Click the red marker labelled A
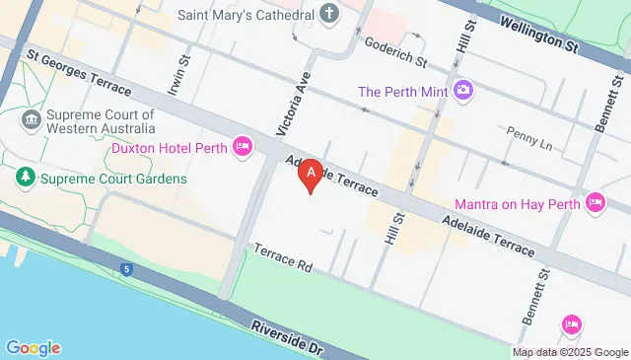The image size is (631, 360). (x=312, y=175)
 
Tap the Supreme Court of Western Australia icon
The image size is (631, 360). (x=30, y=120)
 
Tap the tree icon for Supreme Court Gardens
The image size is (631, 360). (x=23, y=178)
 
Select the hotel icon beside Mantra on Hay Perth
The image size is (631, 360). (x=595, y=203)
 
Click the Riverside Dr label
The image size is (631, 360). (x=287, y=336)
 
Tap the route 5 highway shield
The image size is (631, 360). (x=126, y=268)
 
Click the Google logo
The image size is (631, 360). (x=33, y=347)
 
